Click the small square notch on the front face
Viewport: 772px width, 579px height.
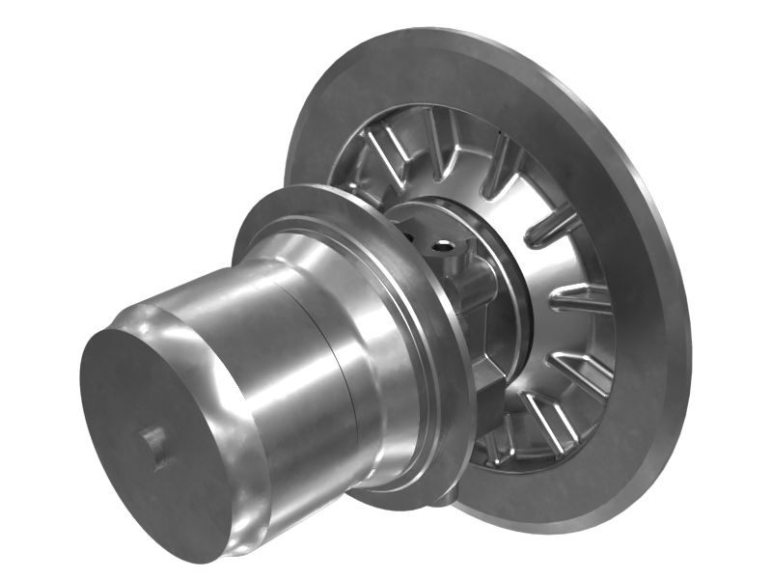click(x=155, y=445)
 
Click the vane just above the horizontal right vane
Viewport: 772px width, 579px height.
click(x=554, y=231)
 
